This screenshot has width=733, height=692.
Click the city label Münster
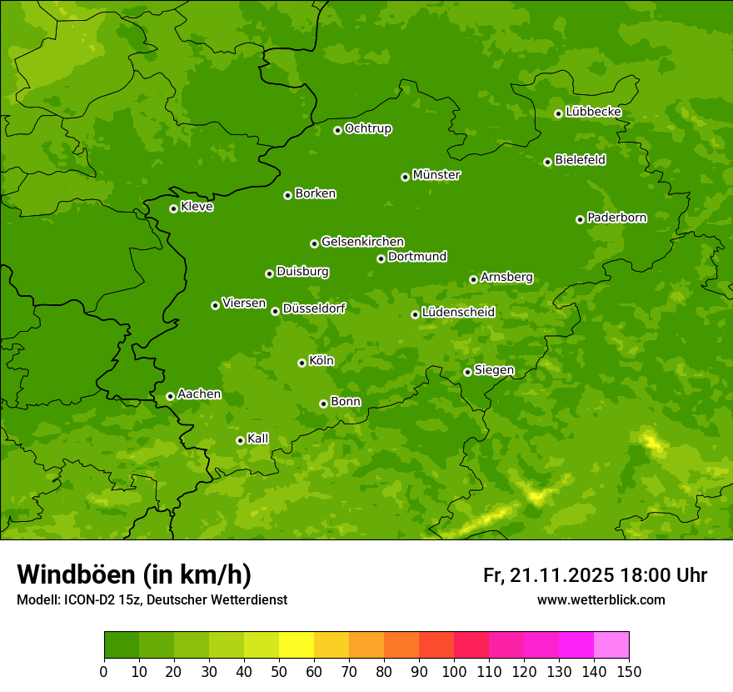pos(436,175)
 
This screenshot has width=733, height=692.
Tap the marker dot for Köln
pos(302,363)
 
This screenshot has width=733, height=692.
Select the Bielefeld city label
pos(581,160)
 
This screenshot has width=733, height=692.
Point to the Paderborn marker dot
pos(580,219)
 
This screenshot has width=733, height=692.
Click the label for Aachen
pos(199,394)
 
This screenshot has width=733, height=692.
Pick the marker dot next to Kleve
pos(173,208)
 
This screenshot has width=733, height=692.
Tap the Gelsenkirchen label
pos(362,242)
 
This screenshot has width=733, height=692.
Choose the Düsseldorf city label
pos(314,308)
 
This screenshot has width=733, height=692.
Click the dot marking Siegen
pos(467,372)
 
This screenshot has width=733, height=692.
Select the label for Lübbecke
pos(593,112)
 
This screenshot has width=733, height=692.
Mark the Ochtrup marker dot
pos(337,130)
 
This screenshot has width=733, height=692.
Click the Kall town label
pos(258,439)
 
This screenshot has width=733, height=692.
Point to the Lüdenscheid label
pos(458,313)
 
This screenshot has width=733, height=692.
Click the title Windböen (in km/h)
pos(134,574)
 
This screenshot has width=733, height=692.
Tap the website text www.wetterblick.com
pos(601,599)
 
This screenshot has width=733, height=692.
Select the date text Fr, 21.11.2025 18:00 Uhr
pos(595,575)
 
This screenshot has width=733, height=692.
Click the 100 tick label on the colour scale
pos(454,671)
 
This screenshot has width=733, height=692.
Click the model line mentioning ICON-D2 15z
pos(152,600)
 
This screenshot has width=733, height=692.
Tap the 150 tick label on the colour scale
pos(629,671)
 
